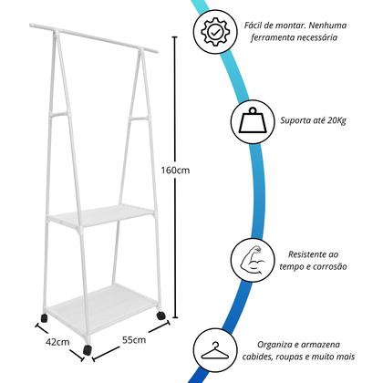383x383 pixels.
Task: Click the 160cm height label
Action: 175,171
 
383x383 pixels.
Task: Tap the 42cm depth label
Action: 57,342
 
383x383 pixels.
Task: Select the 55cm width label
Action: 134,339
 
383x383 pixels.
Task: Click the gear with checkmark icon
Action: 215,32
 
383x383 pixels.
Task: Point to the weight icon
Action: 253,120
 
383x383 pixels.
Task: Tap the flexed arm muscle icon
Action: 253,259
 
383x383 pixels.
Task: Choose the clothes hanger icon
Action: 215,351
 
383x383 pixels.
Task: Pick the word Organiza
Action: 272,345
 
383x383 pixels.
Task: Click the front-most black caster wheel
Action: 88,349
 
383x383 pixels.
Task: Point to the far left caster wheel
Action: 45,318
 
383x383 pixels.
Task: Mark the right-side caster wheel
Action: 160,316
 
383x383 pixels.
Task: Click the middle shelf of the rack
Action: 101,215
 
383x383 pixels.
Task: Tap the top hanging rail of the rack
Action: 94,38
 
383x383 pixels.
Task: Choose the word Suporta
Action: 294,121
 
